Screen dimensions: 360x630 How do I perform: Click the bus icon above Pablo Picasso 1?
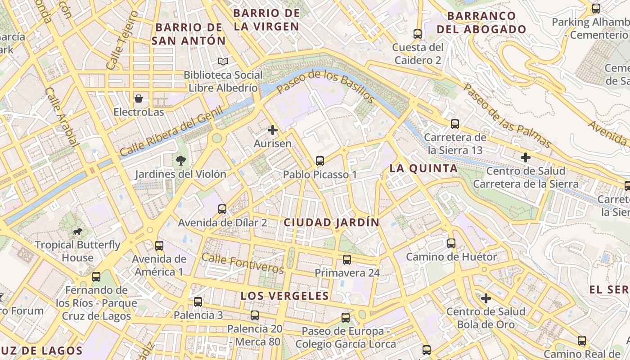[320, 161]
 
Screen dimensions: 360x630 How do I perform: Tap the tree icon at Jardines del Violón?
[180, 160]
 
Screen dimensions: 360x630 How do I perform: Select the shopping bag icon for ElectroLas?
[139, 98]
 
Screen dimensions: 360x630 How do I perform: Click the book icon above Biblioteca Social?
[223, 61]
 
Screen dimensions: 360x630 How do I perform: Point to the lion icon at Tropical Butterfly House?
[77, 232]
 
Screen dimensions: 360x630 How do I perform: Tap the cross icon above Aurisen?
[272, 130]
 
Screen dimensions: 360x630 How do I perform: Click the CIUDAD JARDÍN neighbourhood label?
[331, 222]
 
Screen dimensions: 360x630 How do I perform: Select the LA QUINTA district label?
[423, 169]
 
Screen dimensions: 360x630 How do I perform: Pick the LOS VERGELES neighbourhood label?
[284, 296]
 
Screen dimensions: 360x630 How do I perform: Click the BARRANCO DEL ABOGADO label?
[481, 22]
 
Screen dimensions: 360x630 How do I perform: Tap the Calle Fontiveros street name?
[243, 263]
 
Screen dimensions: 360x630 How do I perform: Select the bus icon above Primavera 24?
[346, 259]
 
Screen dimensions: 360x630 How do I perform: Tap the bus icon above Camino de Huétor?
[451, 243]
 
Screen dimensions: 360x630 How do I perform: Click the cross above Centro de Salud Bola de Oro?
[486, 298]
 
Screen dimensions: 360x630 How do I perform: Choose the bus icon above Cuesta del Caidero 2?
[418, 34]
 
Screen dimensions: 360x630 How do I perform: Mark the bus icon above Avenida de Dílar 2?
[222, 209]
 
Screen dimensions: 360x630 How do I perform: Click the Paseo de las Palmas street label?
[508, 116]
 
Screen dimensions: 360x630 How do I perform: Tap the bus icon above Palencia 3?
[198, 301]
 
